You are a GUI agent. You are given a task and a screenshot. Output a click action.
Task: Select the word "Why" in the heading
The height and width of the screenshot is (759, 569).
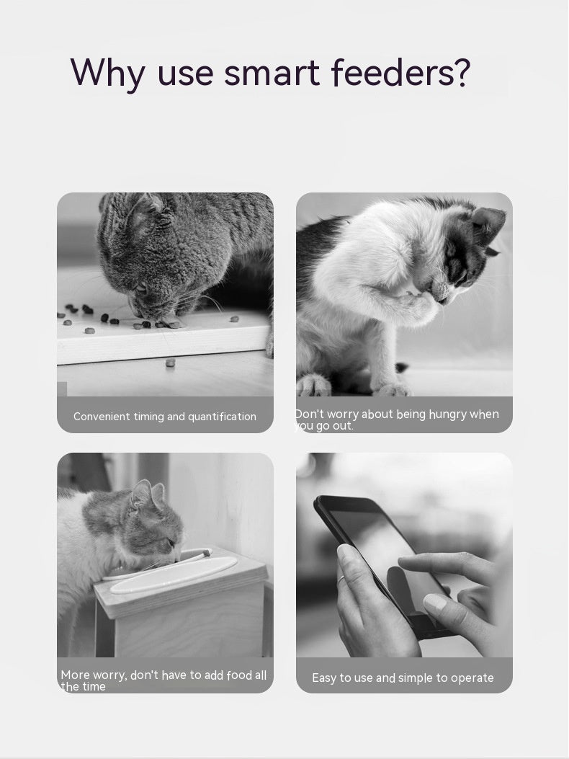point(107,74)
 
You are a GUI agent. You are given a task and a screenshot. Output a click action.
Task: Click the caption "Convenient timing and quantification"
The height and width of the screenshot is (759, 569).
point(165,417)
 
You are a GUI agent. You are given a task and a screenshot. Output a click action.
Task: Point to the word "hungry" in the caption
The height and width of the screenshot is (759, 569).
point(447,414)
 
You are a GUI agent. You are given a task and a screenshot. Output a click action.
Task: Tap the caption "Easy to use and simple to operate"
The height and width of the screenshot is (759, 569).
point(403,678)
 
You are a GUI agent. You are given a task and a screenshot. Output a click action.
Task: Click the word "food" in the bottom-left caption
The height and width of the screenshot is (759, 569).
point(239,675)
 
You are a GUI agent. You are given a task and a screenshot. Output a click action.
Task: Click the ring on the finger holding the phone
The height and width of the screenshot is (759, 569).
point(341,578)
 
